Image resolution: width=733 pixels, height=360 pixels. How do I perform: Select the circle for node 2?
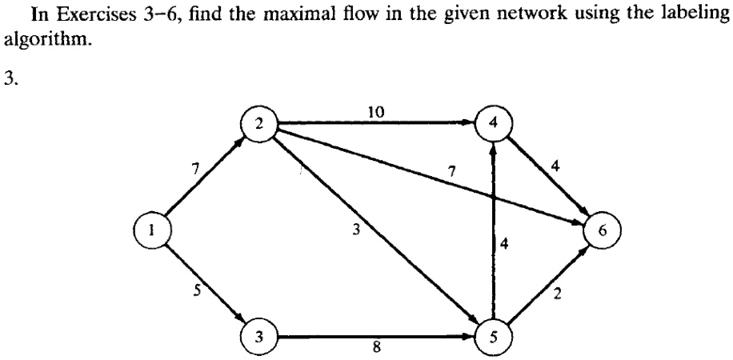click(x=258, y=125)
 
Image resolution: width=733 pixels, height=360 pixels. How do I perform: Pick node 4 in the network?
click(x=491, y=125)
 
